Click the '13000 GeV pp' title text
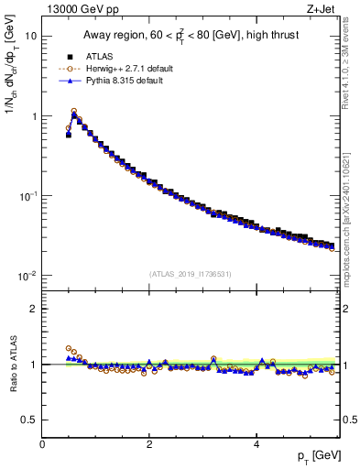point(82,10)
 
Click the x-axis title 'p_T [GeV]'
point(311,455)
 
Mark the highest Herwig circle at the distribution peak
point(74,111)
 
